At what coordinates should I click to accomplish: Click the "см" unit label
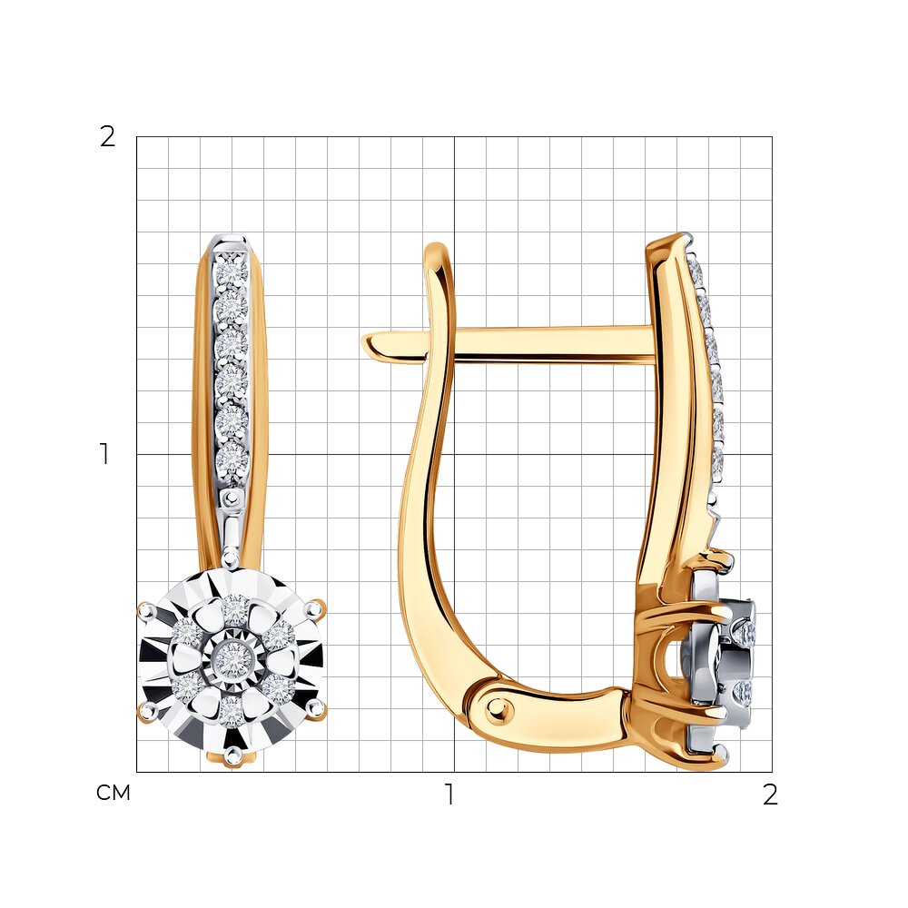point(113,793)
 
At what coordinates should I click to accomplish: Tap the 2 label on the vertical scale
point(108,137)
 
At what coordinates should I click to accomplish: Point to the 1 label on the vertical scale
point(104,454)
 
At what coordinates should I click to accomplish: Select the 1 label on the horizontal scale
point(449,794)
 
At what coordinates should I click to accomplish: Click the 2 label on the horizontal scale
point(770,794)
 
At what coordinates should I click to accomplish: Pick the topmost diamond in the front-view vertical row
point(231,271)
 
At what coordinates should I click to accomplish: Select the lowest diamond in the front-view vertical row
point(232,461)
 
